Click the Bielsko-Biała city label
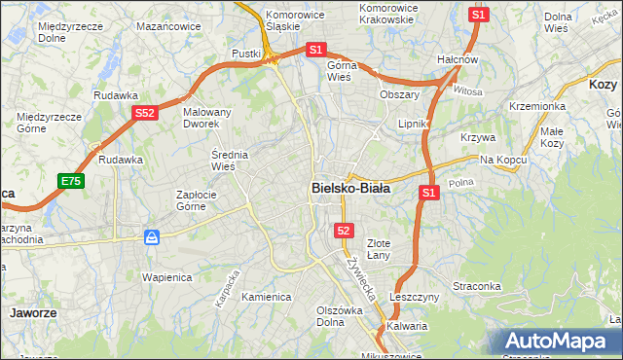click(350, 189)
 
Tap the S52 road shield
click(144, 113)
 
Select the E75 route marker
click(70, 181)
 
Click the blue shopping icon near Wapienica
click(152, 236)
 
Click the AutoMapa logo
click(555, 342)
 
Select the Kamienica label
click(267, 297)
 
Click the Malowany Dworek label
click(207, 118)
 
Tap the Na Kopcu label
click(502, 159)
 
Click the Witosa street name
click(468, 91)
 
